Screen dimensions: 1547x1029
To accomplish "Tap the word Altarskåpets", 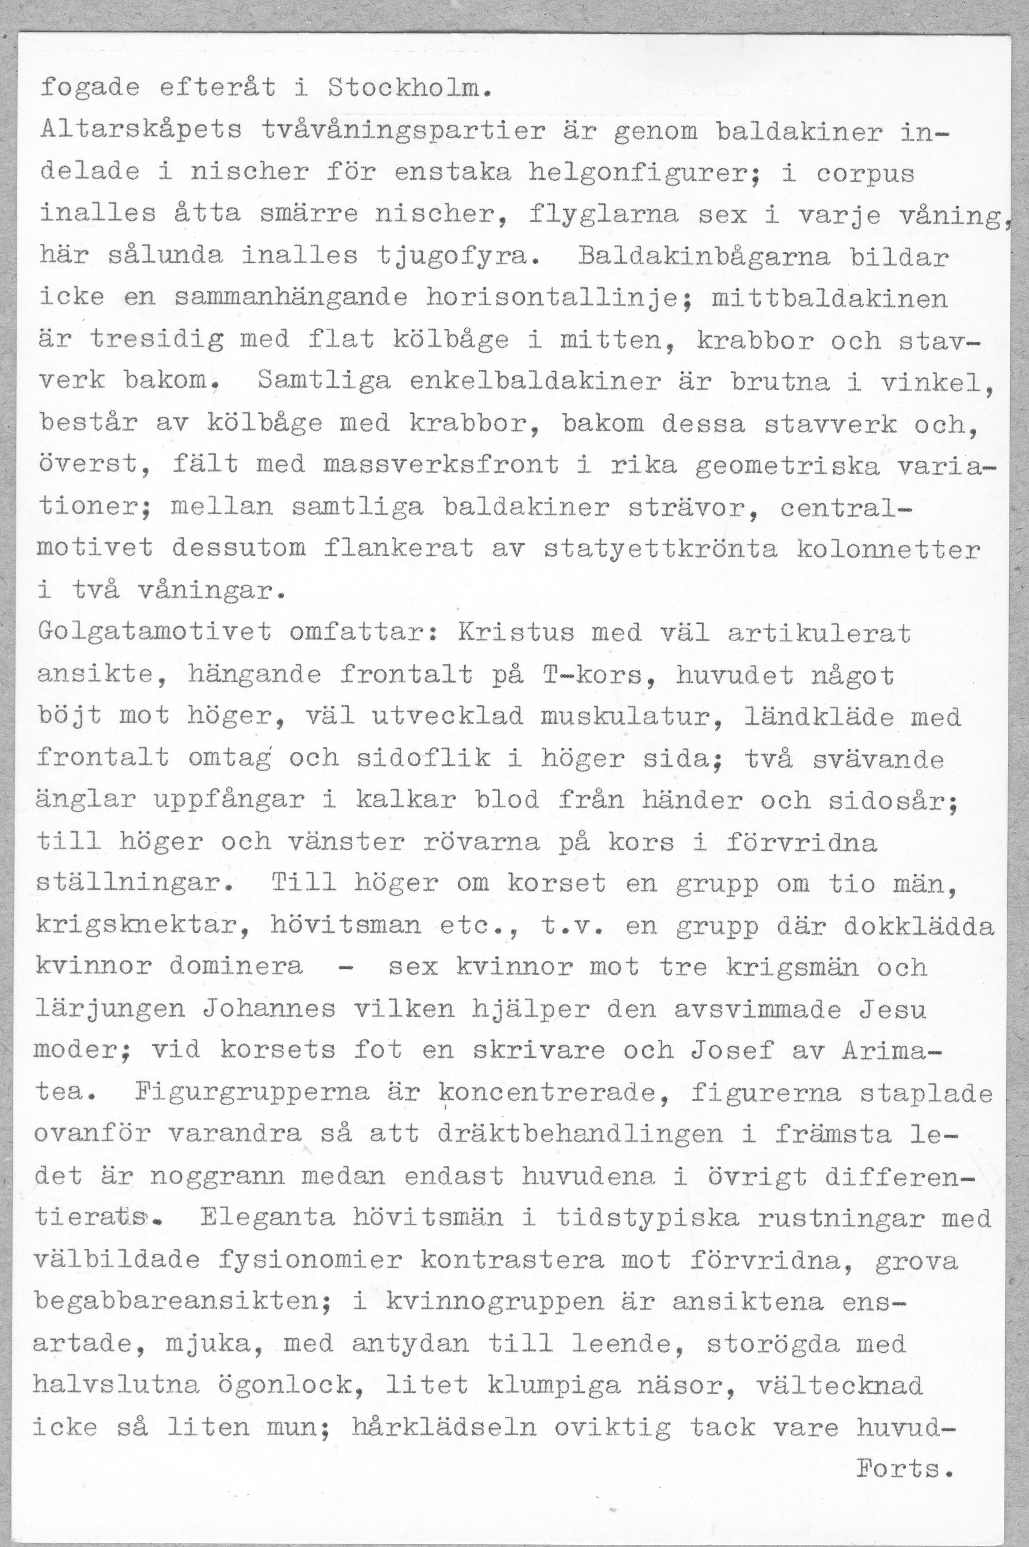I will pyautogui.click(x=140, y=131).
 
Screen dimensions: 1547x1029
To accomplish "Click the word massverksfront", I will pyautogui.click(x=440, y=465).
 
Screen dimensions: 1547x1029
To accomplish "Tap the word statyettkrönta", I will pyautogui.click(x=661, y=549).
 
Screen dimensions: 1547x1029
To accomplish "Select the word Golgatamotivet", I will pyautogui.click(x=154, y=633).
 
